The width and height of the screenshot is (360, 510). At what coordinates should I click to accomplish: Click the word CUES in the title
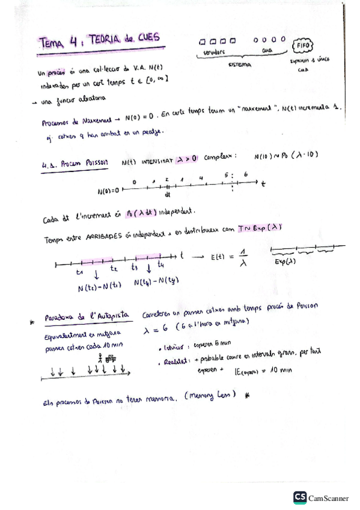click(147, 38)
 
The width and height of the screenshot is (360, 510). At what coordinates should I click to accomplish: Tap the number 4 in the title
click(73, 41)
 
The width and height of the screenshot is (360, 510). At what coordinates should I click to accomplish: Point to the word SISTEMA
click(240, 64)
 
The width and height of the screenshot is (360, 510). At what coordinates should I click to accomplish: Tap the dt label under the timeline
click(167, 194)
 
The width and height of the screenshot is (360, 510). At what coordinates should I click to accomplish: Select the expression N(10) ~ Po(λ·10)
click(285, 156)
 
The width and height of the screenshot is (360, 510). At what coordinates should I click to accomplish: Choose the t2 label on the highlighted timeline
click(114, 268)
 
